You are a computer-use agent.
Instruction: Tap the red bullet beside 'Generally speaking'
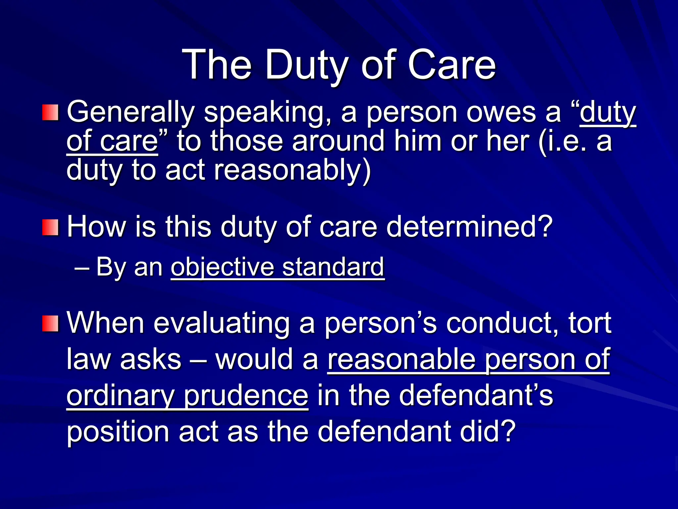[x=50, y=113]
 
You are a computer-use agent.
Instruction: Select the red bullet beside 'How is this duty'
[x=50, y=227]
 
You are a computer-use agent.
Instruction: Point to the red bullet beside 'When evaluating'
[x=50, y=323]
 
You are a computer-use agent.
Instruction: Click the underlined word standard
[x=333, y=267]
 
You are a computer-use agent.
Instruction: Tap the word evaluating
[x=221, y=323]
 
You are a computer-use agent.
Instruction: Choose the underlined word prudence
[x=246, y=396]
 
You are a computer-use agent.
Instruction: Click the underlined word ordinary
[x=121, y=396]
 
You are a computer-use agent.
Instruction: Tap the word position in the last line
[x=118, y=432]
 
